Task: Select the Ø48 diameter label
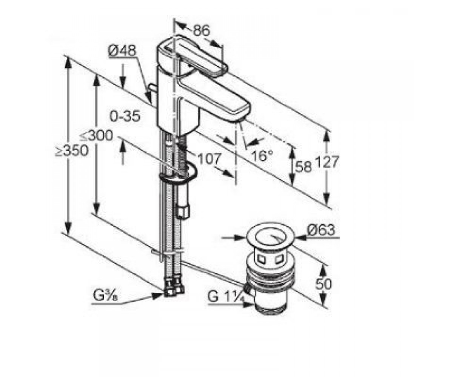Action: [122, 51]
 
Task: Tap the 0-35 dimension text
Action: [125, 116]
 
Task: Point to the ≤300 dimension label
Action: [96, 136]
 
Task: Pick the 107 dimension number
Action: [210, 158]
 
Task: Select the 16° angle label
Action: [262, 155]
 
